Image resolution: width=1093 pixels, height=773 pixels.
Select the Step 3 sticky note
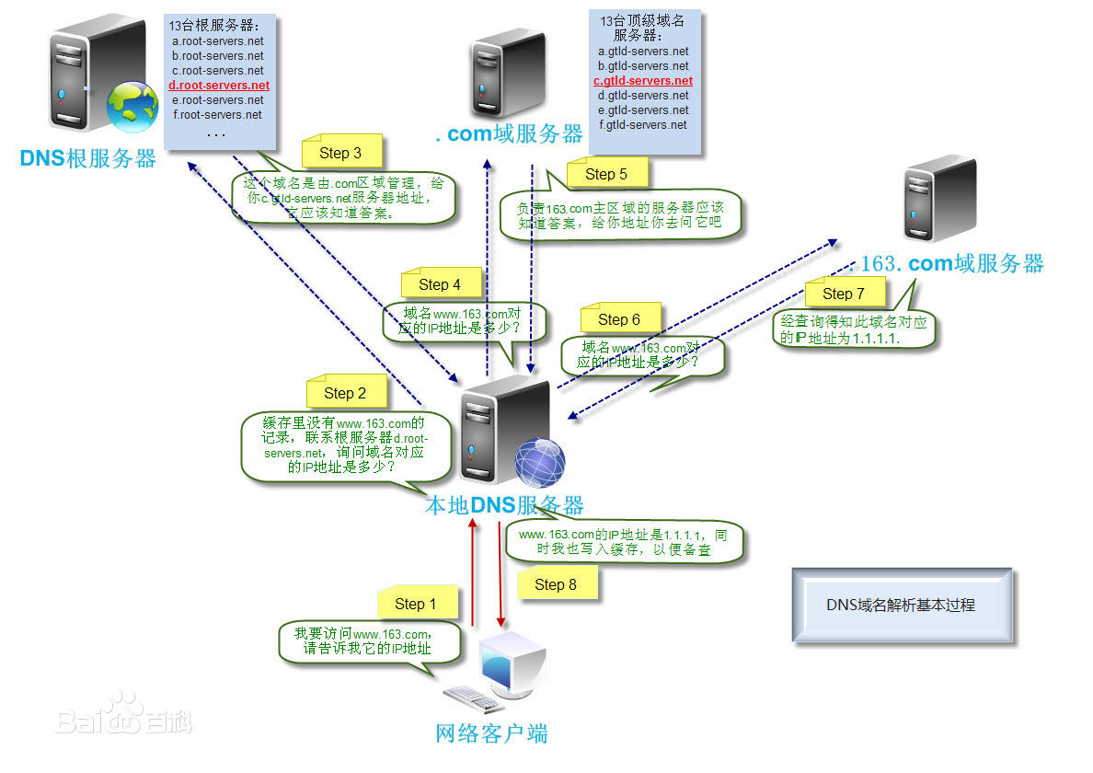[x=340, y=153]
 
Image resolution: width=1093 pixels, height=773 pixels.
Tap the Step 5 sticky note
[x=606, y=173]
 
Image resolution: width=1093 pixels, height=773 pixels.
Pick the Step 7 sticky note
[x=844, y=294]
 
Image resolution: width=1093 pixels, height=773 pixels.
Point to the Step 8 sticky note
[x=556, y=583]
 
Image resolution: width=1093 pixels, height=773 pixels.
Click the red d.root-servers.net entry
[x=218, y=86]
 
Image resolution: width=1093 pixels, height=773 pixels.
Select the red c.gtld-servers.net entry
[x=643, y=81]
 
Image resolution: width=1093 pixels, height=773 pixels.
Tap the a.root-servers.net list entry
[x=217, y=41]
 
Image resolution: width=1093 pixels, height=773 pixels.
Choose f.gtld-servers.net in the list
[x=643, y=124]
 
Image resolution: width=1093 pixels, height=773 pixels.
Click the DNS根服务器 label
[x=88, y=158]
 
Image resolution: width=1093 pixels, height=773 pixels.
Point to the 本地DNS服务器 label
[x=503, y=505]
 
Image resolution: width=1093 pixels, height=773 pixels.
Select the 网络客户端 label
[x=491, y=733]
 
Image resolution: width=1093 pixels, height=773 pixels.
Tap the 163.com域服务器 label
[x=951, y=264]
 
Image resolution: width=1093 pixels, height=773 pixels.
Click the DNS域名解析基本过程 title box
[x=901, y=606]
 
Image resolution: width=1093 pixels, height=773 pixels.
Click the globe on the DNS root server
[x=132, y=106]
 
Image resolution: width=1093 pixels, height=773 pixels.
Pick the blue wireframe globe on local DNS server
[x=539, y=462]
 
